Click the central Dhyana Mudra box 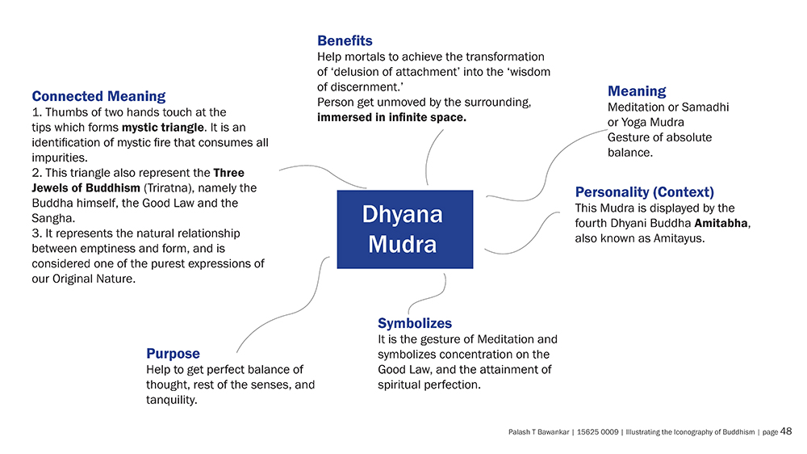(405, 229)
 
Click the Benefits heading (345, 40)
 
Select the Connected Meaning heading (98, 96)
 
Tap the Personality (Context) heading (644, 192)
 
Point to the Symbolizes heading (415, 323)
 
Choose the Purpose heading (173, 354)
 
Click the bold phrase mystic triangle (163, 128)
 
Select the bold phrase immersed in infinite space (391, 117)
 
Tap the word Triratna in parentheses (167, 188)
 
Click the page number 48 (786, 431)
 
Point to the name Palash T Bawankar (538, 432)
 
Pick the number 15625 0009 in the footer (597, 432)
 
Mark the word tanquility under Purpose (171, 400)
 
